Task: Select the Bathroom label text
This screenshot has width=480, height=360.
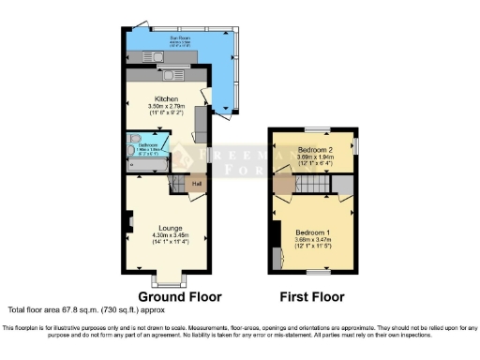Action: tap(147, 145)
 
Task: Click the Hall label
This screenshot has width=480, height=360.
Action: tap(197, 183)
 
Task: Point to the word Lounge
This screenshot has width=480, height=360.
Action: tap(170, 228)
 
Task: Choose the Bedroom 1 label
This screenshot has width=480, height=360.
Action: tap(311, 231)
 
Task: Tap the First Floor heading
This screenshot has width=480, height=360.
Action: tap(312, 296)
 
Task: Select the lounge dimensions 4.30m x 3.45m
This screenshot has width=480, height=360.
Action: tap(170, 235)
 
